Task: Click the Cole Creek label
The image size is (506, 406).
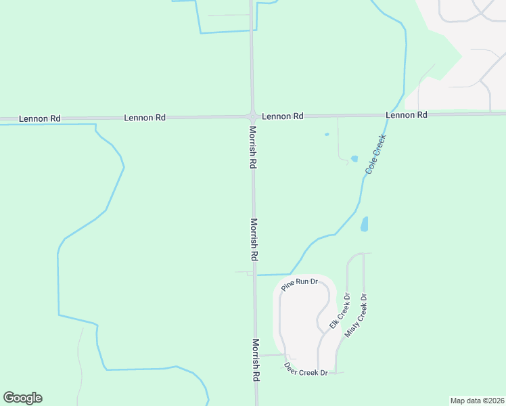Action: (375, 155)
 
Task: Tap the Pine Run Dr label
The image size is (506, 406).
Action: (300, 284)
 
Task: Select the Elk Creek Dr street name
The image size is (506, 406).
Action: (339, 311)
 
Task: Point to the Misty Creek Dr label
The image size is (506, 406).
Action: (356, 316)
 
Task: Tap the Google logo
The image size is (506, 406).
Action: (22, 398)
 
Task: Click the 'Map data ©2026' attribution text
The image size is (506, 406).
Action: (476, 401)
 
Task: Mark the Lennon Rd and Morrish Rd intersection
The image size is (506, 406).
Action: (252, 116)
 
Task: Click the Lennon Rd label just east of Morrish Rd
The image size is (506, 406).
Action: (282, 116)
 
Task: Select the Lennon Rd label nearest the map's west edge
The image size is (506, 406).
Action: (39, 118)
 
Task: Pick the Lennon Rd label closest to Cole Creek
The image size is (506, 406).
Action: (407, 116)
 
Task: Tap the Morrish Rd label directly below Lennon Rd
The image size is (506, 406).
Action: (252, 147)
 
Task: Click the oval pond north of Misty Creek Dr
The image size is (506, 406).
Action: (365, 223)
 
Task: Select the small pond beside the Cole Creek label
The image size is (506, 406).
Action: (354, 159)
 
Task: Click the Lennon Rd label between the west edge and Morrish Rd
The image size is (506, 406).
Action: (145, 118)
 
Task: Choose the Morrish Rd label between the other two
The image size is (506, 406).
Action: (254, 240)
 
